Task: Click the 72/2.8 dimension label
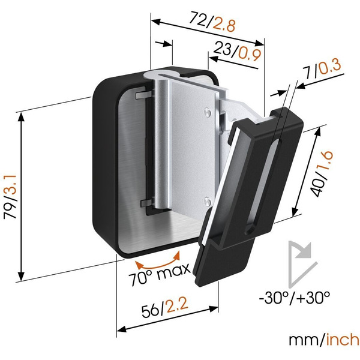[x=212, y=23]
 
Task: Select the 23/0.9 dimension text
[x=237, y=52]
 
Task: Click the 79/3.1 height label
[x=10, y=197]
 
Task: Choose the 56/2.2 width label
[x=165, y=308]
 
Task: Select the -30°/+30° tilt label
[x=295, y=298]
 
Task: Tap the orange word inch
[x=343, y=340]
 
